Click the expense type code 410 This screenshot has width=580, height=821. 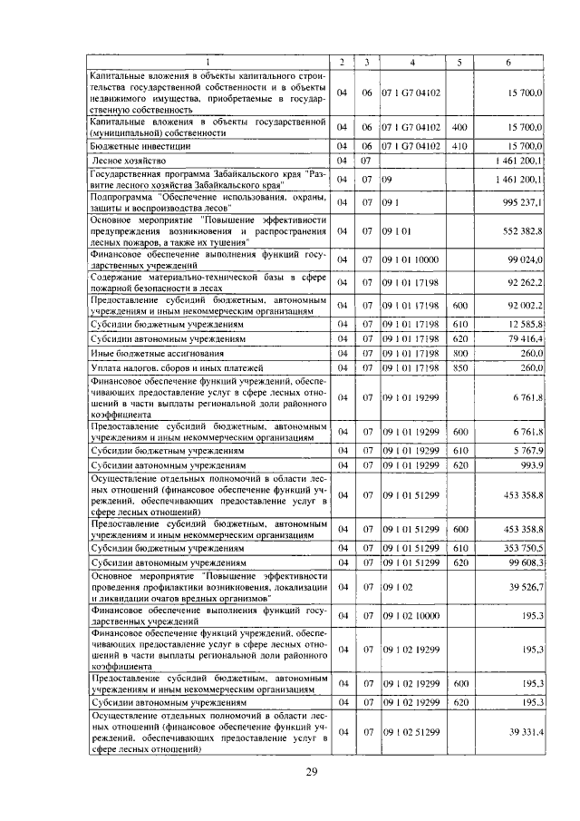[459, 145]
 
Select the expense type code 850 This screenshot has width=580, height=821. [459, 368]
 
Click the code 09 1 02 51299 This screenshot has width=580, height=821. [411, 733]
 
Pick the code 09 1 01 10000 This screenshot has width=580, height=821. [411, 260]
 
